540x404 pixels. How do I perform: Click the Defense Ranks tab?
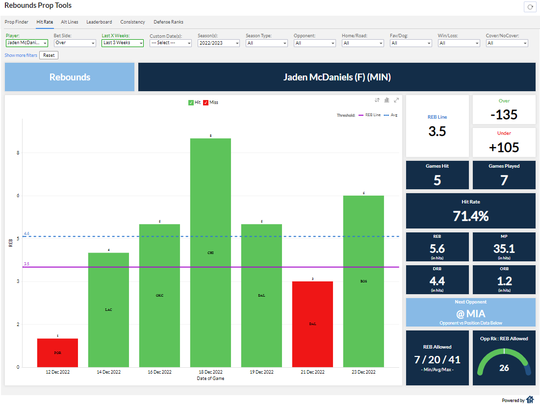168,22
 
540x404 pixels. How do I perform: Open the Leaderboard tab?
99,22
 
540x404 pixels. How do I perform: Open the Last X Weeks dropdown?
123,43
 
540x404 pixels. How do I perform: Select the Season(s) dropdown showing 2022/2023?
219,43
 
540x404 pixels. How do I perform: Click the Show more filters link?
21,55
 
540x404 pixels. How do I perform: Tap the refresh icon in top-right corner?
530,7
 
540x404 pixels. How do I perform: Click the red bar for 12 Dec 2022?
57,353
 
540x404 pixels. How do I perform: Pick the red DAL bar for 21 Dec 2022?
312,324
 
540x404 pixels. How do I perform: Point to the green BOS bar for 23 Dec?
363,281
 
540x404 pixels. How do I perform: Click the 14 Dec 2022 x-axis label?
108,372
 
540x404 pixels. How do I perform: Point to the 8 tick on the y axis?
18,153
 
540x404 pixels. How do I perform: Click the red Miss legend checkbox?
206,102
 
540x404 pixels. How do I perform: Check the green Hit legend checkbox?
191,102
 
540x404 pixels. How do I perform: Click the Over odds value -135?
504,115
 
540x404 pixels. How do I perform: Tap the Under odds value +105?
504,147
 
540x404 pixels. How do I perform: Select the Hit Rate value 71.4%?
471,216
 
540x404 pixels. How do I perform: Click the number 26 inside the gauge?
504,368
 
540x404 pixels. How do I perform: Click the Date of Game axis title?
210,378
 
